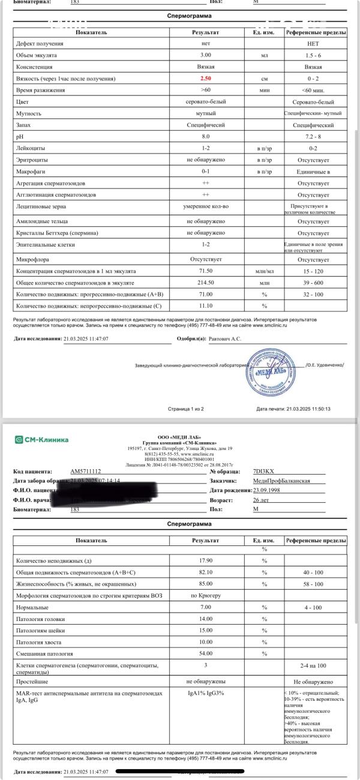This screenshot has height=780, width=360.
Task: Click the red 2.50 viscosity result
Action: point(206,79)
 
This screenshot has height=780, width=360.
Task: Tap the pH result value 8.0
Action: point(206,136)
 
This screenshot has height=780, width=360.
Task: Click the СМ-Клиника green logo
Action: point(42,440)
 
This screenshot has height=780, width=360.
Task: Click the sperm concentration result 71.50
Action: point(206,271)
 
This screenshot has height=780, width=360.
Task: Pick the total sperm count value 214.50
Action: point(206,283)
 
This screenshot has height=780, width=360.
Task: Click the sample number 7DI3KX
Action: point(262,472)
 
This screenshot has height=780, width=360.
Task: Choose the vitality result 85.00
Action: point(206,584)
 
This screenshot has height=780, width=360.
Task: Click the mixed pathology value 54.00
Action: point(206,653)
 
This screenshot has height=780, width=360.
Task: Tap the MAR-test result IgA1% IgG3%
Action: point(206,694)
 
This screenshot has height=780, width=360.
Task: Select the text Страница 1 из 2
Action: point(186,409)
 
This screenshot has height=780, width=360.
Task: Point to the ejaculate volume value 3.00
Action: point(206,55)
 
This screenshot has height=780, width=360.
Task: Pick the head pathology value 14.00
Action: point(206,619)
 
